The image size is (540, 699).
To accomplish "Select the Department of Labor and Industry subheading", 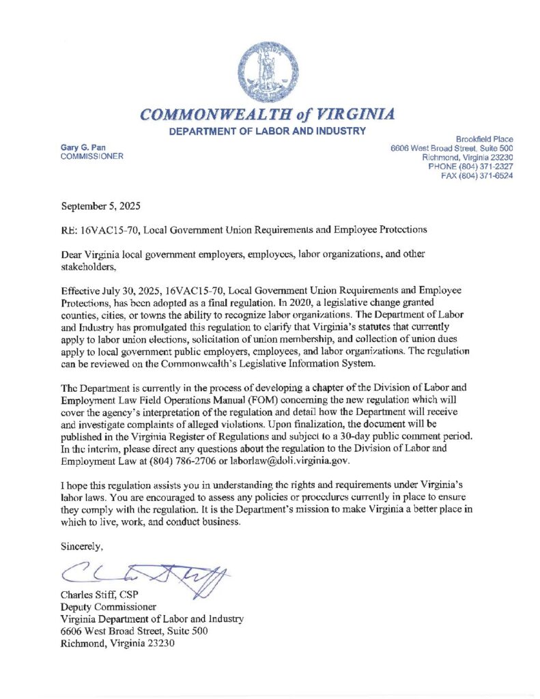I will pyautogui.click(x=268, y=131).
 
